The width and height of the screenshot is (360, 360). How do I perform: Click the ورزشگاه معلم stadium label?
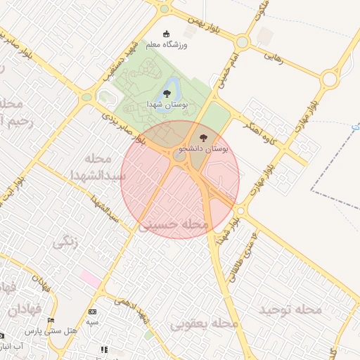(x=167, y=45)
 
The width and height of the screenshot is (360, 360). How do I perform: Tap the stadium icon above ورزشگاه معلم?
(x=167, y=34)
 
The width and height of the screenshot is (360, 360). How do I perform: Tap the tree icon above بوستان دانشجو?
(x=204, y=137)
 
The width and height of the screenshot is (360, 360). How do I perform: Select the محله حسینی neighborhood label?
(x=174, y=225)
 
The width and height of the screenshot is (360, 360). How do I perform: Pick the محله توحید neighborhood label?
(x=290, y=309)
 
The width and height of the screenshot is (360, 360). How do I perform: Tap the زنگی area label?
(x=65, y=244)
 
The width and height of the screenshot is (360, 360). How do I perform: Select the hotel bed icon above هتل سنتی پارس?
(x=50, y=321)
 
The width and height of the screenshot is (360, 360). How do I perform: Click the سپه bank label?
(x=92, y=322)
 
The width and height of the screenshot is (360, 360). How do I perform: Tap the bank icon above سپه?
(x=92, y=311)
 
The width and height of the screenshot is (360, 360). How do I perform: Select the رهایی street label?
(x=274, y=56)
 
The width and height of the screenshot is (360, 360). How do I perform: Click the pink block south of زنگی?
(x=91, y=278)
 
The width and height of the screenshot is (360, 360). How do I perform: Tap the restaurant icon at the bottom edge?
(x=104, y=349)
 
